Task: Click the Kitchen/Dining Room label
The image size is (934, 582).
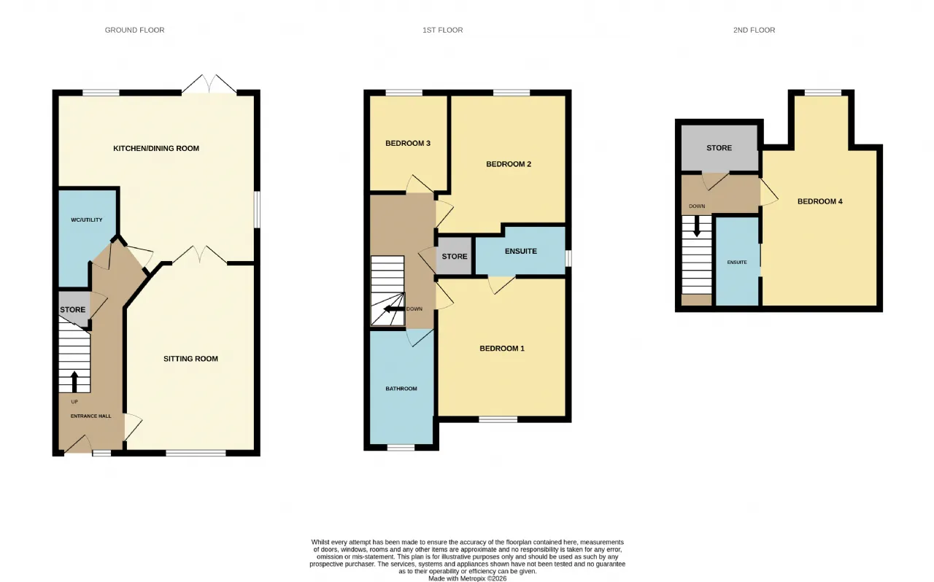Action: coord(156,149)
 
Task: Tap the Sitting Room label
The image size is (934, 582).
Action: coord(190,359)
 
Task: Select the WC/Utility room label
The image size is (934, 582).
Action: coord(86,220)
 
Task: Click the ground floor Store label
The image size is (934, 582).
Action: coord(72,309)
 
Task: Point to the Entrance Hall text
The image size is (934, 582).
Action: coord(91,416)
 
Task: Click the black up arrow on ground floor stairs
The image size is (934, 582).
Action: coord(74,382)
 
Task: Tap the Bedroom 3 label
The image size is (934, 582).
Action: coord(408,144)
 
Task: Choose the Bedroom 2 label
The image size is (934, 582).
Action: coord(509,164)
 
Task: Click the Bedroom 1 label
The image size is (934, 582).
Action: coord(502,349)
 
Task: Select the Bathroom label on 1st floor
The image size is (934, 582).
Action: coord(401,389)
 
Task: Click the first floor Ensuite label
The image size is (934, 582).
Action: coord(521,251)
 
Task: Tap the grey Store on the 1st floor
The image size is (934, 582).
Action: coord(455,257)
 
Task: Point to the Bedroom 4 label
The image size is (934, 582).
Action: coord(819,202)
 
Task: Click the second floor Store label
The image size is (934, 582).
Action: coord(719,148)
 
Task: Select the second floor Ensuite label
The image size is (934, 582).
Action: coord(737,263)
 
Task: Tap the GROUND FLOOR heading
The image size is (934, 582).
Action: coord(135,30)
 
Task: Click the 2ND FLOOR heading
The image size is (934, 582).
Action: coord(754,30)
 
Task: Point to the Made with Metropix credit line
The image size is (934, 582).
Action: coord(468,578)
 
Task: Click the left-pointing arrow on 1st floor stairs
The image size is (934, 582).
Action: coord(394,309)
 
